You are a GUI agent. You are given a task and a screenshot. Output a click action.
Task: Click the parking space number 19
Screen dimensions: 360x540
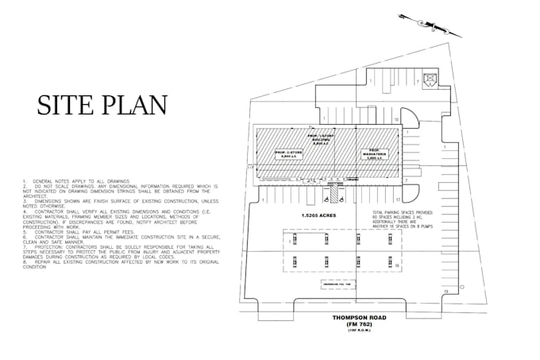(446, 292)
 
